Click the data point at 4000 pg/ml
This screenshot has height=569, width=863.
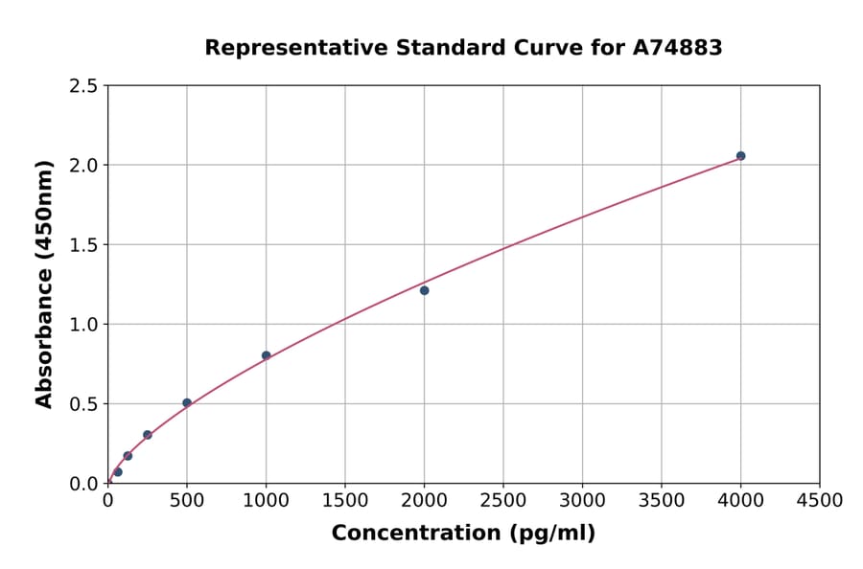(x=740, y=155)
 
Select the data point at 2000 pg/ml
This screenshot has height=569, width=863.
(x=424, y=290)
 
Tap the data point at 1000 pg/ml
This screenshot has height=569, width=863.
(x=266, y=355)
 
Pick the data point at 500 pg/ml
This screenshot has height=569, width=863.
(x=187, y=402)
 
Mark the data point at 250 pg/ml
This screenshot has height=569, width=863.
(x=148, y=435)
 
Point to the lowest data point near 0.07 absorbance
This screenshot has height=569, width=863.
(x=118, y=471)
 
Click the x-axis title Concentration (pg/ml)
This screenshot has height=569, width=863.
(x=463, y=534)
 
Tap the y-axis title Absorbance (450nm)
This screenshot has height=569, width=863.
(x=44, y=284)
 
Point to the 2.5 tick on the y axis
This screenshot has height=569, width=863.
(x=83, y=86)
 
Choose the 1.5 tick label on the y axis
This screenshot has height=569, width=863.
(x=83, y=245)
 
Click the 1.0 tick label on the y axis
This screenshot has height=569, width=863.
(x=83, y=325)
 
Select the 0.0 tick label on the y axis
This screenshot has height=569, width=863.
(x=83, y=484)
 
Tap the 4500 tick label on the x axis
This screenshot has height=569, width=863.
(x=820, y=501)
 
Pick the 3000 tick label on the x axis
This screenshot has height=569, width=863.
(x=582, y=501)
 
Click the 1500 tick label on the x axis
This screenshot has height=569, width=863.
(x=345, y=501)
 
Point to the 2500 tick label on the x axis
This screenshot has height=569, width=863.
(x=503, y=501)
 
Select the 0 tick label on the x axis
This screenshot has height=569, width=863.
(x=107, y=501)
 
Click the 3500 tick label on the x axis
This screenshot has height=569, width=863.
(x=662, y=501)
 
